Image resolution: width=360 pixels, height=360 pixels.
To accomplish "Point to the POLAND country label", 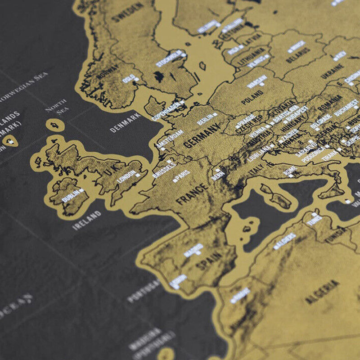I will pos(252,98).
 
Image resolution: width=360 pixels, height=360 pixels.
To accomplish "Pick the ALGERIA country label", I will pos(322,292).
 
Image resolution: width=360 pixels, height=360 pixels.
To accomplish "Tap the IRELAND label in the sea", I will pos(87,221).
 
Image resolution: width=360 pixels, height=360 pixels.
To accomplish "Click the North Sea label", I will pos(56,106).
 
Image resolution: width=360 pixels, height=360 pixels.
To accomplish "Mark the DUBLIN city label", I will pos(70,195).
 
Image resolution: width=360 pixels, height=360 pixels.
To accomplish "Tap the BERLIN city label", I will pos(205,119).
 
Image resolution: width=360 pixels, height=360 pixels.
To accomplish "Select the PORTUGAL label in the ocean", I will pos(144,291).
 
